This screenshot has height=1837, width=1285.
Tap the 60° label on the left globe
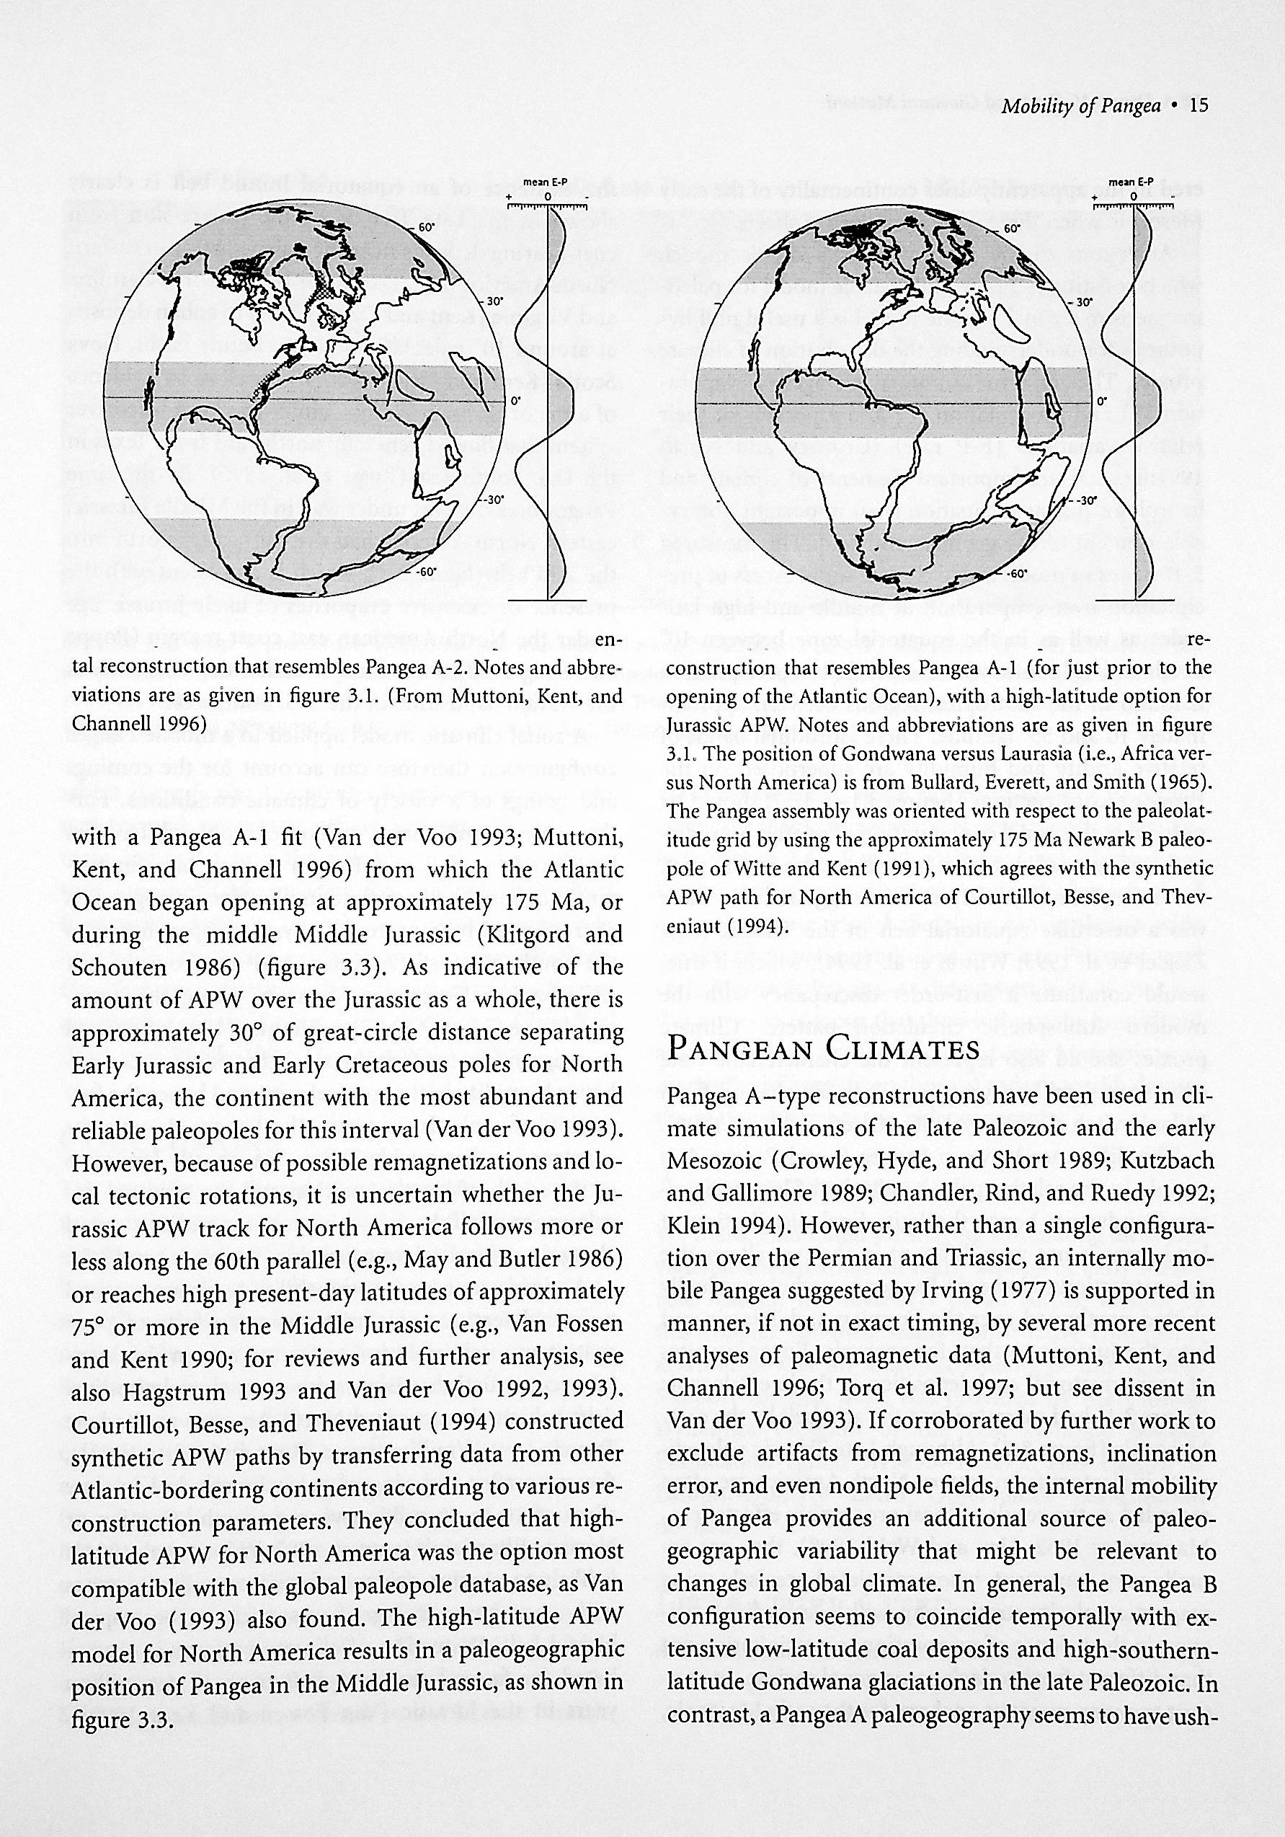pyautogui.click(x=424, y=227)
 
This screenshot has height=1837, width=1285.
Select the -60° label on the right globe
pyautogui.click(x=1015, y=575)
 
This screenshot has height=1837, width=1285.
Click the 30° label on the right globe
pyautogui.click(x=1082, y=304)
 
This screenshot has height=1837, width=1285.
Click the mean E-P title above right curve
pyautogui.click(x=1134, y=183)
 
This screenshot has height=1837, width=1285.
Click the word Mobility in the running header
pyautogui.click(x=1034, y=107)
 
